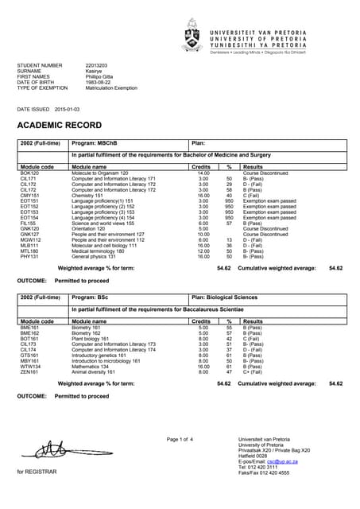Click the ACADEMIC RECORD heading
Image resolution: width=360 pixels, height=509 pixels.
tap(59, 126)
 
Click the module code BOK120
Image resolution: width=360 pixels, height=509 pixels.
tap(30, 173)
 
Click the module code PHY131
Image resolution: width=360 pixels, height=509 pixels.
tap(30, 257)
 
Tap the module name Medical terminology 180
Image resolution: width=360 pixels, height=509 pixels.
tap(104, 251)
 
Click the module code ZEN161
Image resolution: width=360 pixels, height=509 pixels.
tap(29, 371)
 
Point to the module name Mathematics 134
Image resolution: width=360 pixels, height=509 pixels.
tap(94, 366)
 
